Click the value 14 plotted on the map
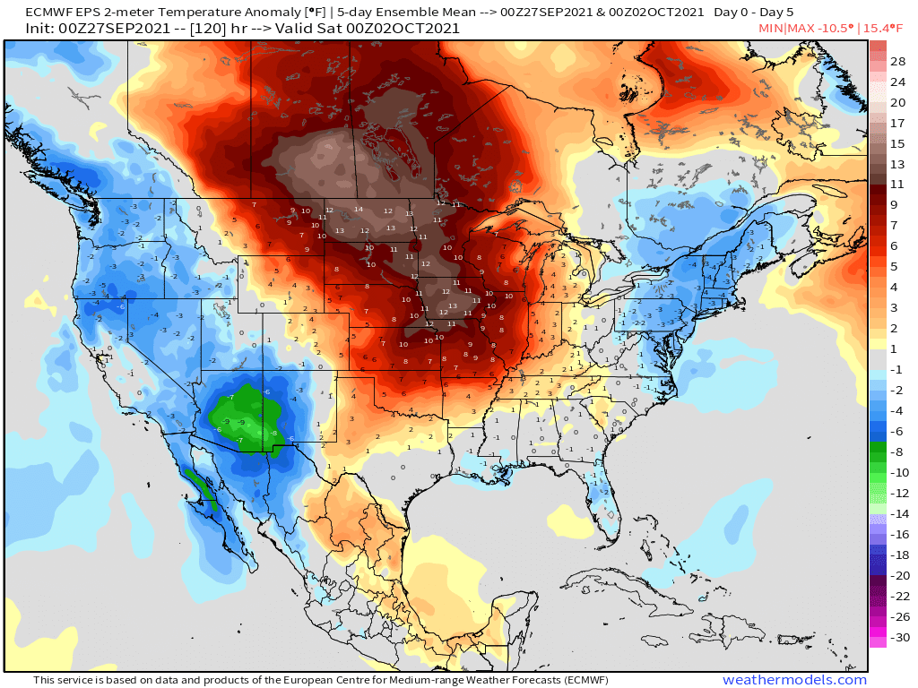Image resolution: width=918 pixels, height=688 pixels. click(x=359, y=210)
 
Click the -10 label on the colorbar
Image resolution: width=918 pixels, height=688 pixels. click(x=896, y=472)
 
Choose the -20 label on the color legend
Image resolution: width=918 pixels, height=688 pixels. click(x=896, y=575)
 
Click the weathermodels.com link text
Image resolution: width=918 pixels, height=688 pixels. click(x=794, y=680)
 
